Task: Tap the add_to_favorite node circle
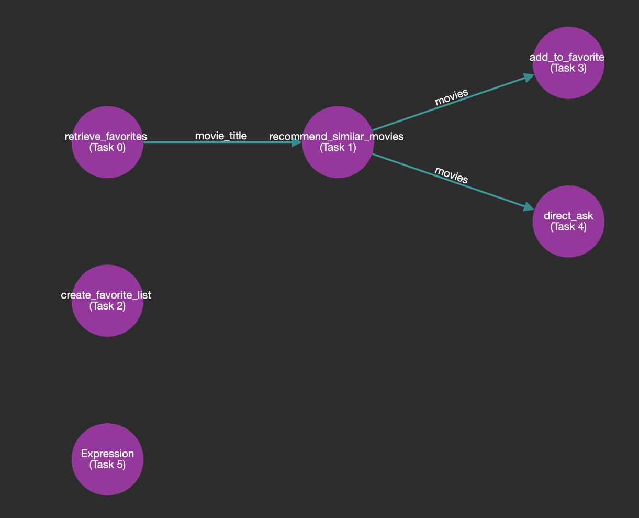568,84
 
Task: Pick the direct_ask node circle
568,241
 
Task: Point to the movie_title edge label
221,136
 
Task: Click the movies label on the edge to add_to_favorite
451,97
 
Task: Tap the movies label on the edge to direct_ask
451,174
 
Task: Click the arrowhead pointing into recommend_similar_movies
297,142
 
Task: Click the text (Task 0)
107,147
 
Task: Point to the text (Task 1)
338,147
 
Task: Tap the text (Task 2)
107,306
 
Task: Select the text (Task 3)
568,68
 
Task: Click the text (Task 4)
568,226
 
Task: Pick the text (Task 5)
107,464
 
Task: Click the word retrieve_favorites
106,137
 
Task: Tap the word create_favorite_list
106,295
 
